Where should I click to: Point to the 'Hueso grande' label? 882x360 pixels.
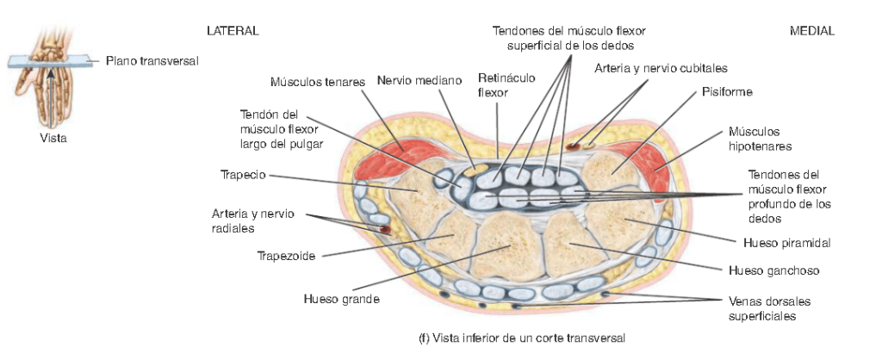pyautogui.click(x=342, y=300)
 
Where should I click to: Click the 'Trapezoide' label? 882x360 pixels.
pyautogui.click(x=286, y=256)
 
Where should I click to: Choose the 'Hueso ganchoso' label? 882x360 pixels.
pyautogui.click(x=773, y=270)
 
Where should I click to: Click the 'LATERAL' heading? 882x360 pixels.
pyautogui.click(x=233, y=31)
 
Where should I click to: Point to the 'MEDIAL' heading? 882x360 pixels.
pyautogui.click(x=812, y=31)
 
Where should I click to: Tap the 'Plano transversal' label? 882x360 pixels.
pyautogui.click(x=152, y=61)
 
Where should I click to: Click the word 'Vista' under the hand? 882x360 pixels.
pyautogui.click(x=53, y=138)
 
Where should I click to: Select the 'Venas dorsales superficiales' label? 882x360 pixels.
pyautogui.click(x=769, y=308)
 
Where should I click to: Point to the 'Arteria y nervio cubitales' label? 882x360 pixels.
pyautogui.click(x=661, y=67)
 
